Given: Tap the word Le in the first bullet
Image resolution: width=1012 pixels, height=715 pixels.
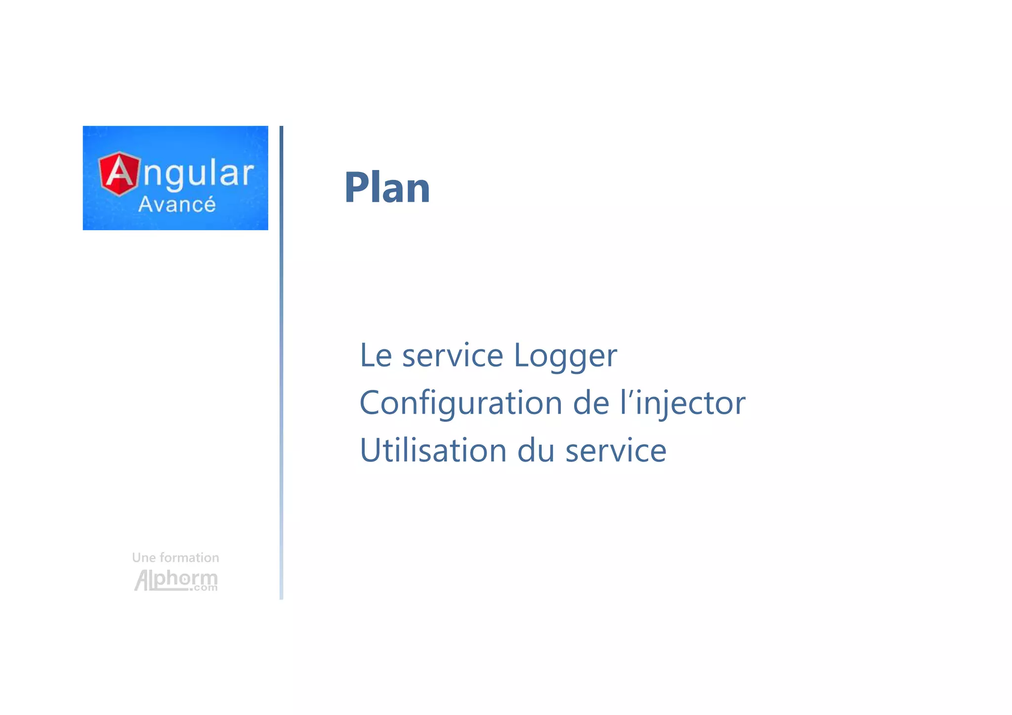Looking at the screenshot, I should pyautogui.click(x=376, y=355).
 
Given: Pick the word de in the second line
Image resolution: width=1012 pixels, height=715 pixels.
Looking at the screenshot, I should pyautogui.click(x=591, y=403).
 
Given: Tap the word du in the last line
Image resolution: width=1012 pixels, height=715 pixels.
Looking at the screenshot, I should pyautogui.click(x=536, y=451).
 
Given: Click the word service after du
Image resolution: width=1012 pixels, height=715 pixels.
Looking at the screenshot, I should pyautogui.click(x=616, y=451).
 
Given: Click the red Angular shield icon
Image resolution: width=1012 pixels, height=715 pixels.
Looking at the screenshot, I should pyautogui.click(x=119, y=173).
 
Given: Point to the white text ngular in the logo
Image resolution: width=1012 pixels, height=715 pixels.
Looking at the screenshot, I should pyautogui.click(x=198, y=174).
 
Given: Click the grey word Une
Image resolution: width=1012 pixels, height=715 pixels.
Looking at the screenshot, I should pyautogui.click(x=144, y=558).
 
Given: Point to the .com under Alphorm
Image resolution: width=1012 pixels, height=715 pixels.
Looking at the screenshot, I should pyautogui.click(x=203, y=588).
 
